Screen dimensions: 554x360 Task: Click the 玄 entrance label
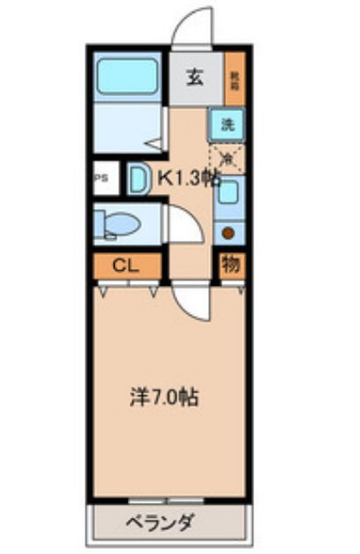click(194, 77)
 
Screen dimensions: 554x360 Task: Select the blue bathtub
click(128, 78)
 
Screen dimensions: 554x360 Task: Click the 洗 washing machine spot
click(228, 124)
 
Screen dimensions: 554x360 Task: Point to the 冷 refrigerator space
click(228, 159)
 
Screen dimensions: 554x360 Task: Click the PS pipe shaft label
click(101, 177)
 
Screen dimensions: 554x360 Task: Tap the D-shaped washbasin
click(138, 179)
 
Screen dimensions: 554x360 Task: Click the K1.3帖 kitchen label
click(188, 177)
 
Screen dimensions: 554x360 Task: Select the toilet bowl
click(121, 224)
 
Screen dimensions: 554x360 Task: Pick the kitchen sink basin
click(229, 191)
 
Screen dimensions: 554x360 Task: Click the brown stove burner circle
click(229, 233)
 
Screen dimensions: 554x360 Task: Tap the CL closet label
click(127, 265)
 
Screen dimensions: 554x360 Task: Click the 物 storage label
click(230, 264)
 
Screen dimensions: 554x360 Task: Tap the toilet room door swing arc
click(181, 224)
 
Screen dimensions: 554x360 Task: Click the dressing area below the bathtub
click(124, 128)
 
